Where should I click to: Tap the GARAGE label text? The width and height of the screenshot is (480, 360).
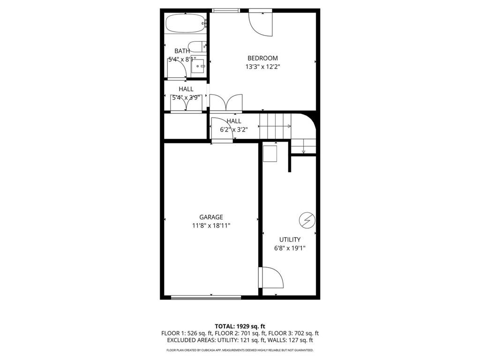pyautogui.click(x=211, y=217)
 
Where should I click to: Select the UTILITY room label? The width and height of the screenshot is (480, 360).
pyautogui.click(x=290, y=240)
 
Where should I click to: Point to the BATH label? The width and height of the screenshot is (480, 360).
pyautogui.click(x=182, y=51)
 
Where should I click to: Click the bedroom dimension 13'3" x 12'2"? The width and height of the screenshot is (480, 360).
pyautogui.click(x=262, y=67)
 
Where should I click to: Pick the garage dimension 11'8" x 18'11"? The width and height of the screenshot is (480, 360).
pyautogui.click(x=211, y=225)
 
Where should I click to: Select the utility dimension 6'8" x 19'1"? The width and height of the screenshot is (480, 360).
pyautogui.click(x=290, y=248)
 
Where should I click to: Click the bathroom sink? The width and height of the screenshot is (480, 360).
pyautogui.click(x=199, y=66)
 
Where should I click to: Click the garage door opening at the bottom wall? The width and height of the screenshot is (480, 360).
pyautogui.click(x=206, y=297)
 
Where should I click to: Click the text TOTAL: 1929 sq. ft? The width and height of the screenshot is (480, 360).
pyautogui.click(x=240, y=326)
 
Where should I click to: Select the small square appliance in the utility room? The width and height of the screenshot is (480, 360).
pyautogui.click(x=270, y=153)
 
